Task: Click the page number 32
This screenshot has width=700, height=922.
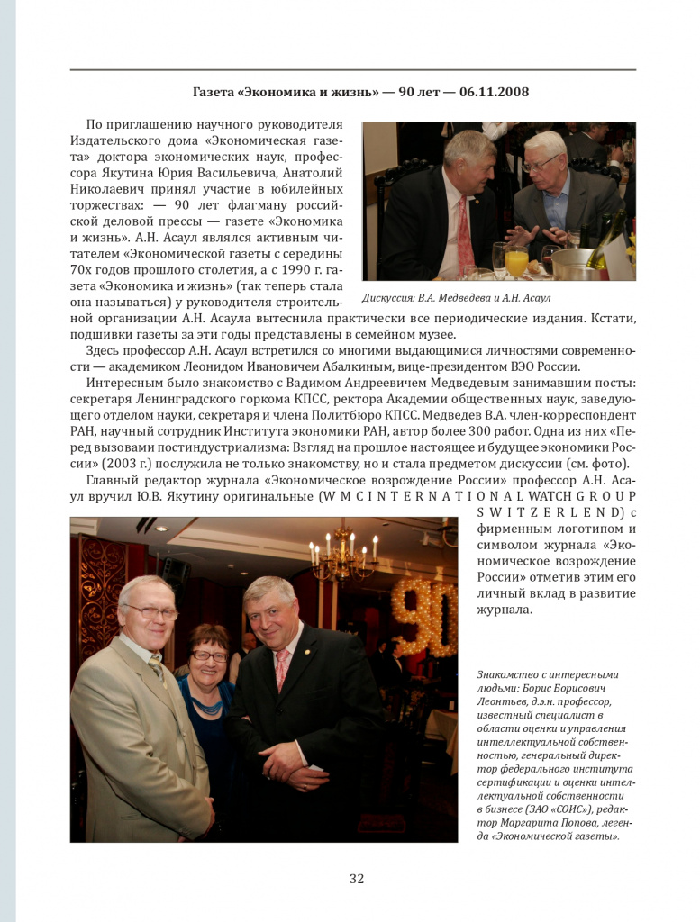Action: pyautogui.click(x=357, y=879)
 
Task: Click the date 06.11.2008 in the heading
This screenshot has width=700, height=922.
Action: pyautogui.click(x=494, y=92)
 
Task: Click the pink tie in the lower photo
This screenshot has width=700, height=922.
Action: pyautogui.click(x=283, y=670)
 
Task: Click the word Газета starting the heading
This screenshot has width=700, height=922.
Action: pyautogui.click(x=215, y=92)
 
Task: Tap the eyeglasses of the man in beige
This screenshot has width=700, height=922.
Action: pyautogui.click(x=151, y=612)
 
